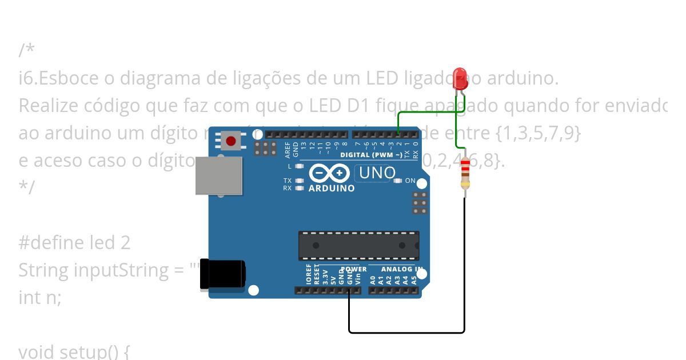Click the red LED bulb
(460, 78)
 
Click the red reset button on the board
(231, 141)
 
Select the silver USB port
(218, 175)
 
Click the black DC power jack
(222, 275)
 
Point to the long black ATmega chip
(358, 246)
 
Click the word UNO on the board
(377, 173)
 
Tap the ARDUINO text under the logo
(332, 188)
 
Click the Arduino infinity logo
(329, 173)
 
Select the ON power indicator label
(410, 181)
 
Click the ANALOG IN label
(402, 269)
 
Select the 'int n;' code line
(39, 297)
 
